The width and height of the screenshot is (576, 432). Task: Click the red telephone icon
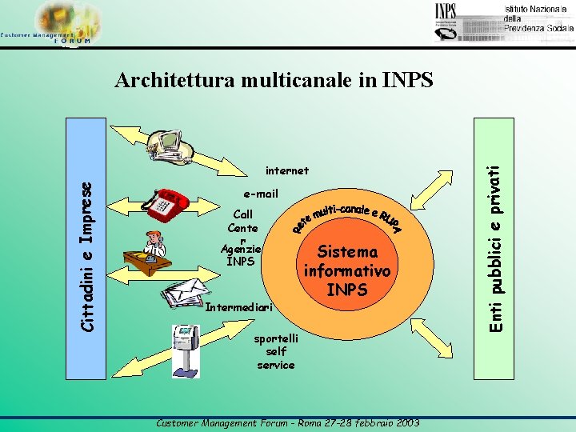click(167, 202)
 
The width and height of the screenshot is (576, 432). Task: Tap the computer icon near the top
click(171, 144)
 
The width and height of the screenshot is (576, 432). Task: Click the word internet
click(286, 170)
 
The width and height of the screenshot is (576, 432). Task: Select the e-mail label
click(261, 194)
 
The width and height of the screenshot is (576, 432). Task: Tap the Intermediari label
click(239, 307)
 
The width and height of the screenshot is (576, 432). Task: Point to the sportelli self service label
click(275, 352)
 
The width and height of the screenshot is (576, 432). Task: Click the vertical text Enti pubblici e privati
click(497, 237)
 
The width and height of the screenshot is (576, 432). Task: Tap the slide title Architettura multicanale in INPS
click(274, 80)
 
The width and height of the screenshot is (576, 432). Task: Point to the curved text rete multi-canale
click(346, 214)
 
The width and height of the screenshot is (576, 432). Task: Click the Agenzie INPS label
click(241, 255)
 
